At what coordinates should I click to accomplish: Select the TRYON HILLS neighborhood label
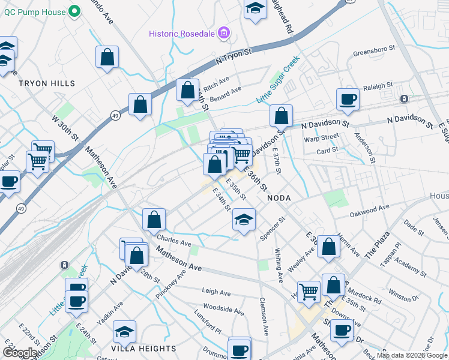tap(47, 83)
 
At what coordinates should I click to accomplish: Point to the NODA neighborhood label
tap(279, 198)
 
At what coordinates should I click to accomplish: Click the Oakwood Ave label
tap(370, 208)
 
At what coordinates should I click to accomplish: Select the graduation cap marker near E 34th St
tap(244, 219)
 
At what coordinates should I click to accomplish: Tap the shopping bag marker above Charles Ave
tap(154, 219)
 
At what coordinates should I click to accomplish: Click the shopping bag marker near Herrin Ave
tap(329, 247)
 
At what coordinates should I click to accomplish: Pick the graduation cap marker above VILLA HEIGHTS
tap(124, 332)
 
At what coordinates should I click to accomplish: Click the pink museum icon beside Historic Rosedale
tap(224, 32)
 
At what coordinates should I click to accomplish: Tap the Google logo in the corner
tap(20, 353)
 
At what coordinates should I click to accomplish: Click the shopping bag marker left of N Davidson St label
tap(281, 115)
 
